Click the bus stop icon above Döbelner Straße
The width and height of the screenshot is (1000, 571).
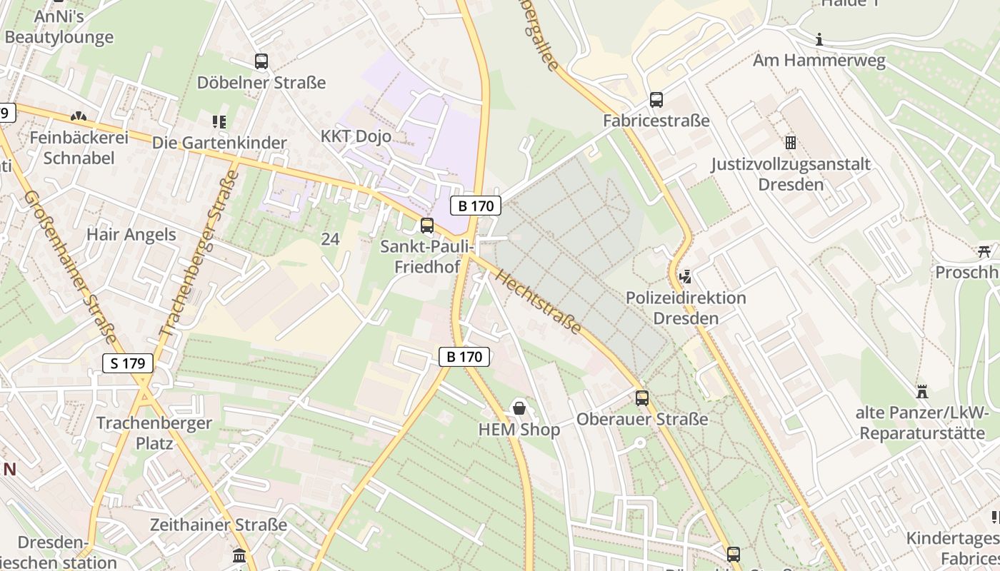click(261, 61)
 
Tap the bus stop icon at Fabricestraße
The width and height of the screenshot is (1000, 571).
click(656, 100)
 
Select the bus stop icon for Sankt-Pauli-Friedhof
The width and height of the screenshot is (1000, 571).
click(427, 226)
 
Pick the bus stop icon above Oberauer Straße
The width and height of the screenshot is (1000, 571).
click(642, 398)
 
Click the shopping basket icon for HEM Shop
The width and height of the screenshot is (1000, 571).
click(519, 408)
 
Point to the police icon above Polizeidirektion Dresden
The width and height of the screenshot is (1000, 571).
click(685, 276)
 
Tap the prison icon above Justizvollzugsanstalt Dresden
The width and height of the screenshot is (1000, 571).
click(790, 143)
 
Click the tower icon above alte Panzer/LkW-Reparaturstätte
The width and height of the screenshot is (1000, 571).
click(922, 392)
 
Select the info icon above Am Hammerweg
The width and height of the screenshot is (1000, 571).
click(819, 39)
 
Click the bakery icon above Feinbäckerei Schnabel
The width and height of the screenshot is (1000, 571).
click(79, 116)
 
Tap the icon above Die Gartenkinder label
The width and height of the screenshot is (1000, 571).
click(219, 122)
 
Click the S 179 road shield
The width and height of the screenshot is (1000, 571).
click(129, 363)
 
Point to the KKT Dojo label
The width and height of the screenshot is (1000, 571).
click(356, 136)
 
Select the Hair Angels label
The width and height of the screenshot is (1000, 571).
click(131, 234)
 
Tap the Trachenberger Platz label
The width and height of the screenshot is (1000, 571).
click(154, 433)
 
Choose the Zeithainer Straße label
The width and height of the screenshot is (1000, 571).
click(219, 525)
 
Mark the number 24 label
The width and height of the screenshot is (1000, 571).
click(330, 239)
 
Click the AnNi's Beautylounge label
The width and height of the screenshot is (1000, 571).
click(59, 27)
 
